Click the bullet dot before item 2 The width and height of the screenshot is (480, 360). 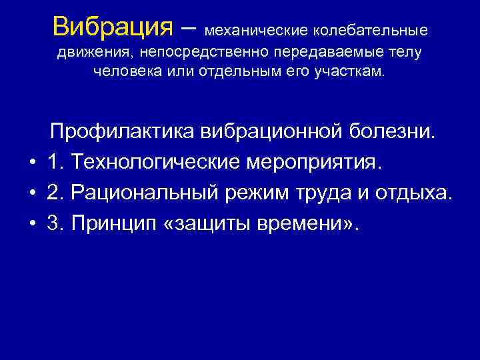pos(31,194)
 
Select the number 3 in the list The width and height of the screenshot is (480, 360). pos(53,224)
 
